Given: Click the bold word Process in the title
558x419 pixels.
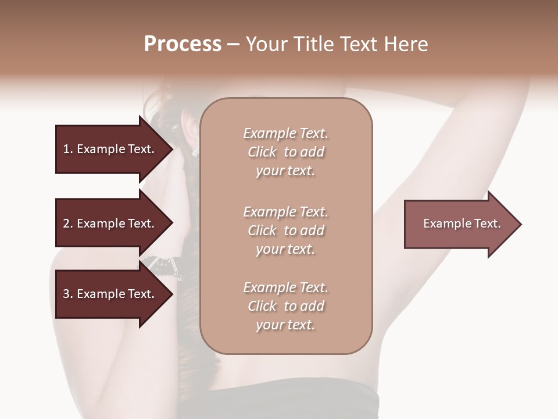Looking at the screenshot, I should point(183,44).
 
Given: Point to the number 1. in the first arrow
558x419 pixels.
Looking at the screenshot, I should point(67,149).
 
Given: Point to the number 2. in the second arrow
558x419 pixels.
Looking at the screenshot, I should point(67,223).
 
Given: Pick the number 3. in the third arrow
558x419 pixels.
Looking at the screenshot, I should point(67,294).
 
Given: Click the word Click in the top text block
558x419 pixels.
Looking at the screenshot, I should point(262,152).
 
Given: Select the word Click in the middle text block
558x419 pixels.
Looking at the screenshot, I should point(262,230).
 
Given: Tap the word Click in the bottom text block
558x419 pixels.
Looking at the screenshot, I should point(262,306).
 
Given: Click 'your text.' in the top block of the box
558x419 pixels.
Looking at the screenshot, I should point(285,171).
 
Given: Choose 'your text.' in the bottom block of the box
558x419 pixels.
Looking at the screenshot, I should point(285,325).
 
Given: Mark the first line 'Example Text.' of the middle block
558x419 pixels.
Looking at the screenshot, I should point(285,212).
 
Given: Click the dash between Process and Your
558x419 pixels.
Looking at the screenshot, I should point(233,44).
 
